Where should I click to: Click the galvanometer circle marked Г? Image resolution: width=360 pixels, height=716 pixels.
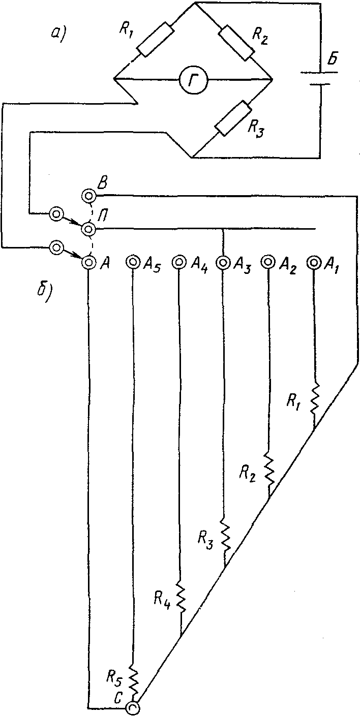[x=193, y=79]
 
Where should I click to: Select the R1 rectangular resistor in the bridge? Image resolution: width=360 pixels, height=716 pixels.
[x=156, y=39]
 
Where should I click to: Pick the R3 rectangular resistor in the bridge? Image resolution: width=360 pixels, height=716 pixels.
[x=233, y=118]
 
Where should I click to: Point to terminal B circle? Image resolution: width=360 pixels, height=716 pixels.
[x=88, y=195]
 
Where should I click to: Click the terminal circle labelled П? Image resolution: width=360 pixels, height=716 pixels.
[x=88, y=229]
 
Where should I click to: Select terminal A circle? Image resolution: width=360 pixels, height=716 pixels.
[x=88, y=262]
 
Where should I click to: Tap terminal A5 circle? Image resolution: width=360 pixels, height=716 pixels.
[x=132, y=262]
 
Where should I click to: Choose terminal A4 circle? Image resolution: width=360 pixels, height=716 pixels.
[x=178, y=262]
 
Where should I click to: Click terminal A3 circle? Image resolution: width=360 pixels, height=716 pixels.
[x=223, y=262]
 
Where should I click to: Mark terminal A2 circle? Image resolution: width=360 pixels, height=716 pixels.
[x=268, y=262]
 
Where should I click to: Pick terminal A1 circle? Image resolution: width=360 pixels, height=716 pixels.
[x=313, y=262]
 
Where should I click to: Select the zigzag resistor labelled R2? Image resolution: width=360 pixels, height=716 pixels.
[x=269, y=468]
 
